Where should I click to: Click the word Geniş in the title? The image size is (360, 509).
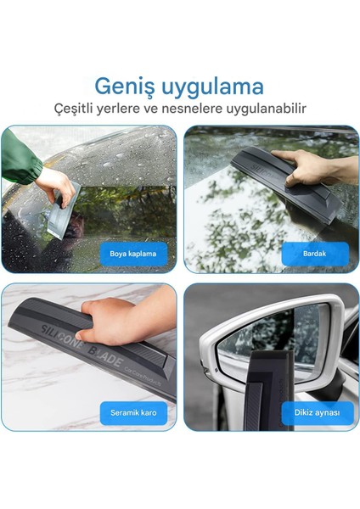(x=127, y=87)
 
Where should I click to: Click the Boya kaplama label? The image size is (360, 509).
(x=133, y=253)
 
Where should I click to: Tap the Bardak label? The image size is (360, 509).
(x=315, y=253)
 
